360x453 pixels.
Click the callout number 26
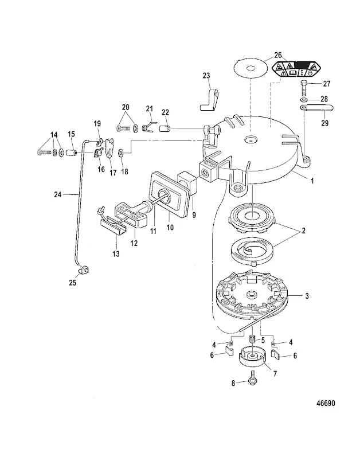click(x=278, y=55)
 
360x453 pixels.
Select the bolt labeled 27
click(x=304, y=89)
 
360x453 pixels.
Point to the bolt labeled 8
click(x=251, y=381)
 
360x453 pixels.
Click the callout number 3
click(x=307, y=296)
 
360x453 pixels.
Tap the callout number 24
click(x=67, y=195)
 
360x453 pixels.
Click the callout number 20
click(x=126, y=107)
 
